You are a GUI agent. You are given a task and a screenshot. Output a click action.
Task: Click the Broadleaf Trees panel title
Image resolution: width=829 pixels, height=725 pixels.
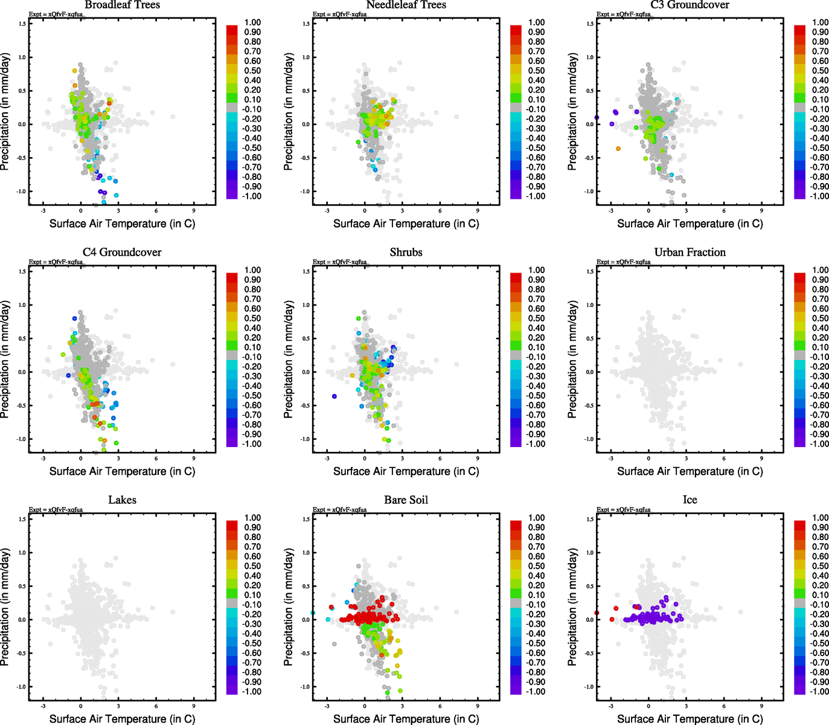pos(122,5)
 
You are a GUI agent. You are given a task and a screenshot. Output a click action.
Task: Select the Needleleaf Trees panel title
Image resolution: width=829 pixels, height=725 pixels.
pos(406,5)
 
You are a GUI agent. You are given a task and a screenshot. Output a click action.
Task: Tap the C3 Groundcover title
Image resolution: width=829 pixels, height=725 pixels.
pos(690,5)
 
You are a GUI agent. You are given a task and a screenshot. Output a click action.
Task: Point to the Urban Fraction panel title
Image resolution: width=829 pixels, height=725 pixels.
pos(690,253)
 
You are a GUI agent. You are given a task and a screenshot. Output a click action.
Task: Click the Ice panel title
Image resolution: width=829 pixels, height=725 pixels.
pos(690,500)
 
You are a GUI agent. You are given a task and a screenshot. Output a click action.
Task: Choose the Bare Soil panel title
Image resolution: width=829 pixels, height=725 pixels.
pos(406,500)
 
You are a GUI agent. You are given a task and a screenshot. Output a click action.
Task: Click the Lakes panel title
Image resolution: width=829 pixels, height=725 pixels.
pos(122,500)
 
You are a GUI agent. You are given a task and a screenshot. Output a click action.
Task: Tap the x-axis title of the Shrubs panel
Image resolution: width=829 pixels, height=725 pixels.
pos(406,471)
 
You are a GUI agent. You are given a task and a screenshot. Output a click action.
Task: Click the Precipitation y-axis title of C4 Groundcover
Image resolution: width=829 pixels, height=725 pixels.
pos(5,360)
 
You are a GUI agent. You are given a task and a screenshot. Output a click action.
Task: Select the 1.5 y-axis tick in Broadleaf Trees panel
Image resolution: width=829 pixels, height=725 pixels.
pos(22,24)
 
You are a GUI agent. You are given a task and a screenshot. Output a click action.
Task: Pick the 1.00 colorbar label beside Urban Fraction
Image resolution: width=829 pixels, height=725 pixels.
pos(820,270)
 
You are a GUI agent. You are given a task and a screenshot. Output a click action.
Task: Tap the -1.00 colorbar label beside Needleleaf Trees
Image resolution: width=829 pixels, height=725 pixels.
pos(536,196)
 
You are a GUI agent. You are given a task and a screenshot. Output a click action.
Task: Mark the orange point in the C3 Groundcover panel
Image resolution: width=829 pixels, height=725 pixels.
pos(618,149)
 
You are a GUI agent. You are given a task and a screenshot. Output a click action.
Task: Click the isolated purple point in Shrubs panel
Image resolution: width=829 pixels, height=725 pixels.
pos(334,396)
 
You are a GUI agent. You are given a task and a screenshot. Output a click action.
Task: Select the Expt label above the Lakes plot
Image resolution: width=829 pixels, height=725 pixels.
pos(56,509)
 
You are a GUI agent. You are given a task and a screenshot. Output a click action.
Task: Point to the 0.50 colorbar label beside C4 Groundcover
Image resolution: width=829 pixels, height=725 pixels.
pos(252,318)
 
